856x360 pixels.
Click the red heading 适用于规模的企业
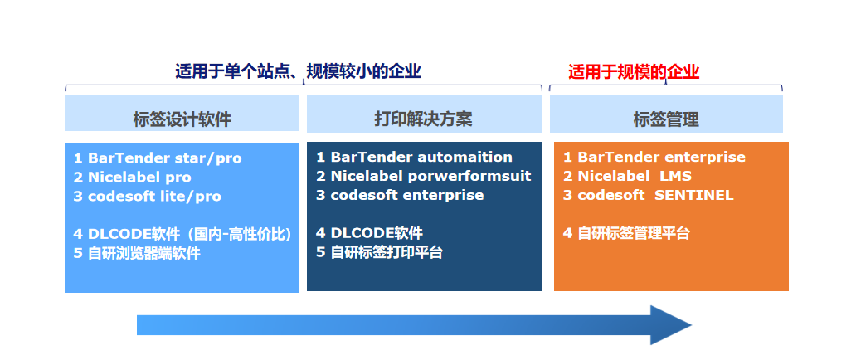634,72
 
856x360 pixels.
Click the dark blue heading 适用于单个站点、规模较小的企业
298,71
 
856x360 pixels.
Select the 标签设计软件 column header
182,119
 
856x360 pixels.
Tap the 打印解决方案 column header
423,119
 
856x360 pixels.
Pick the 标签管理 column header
666,119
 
